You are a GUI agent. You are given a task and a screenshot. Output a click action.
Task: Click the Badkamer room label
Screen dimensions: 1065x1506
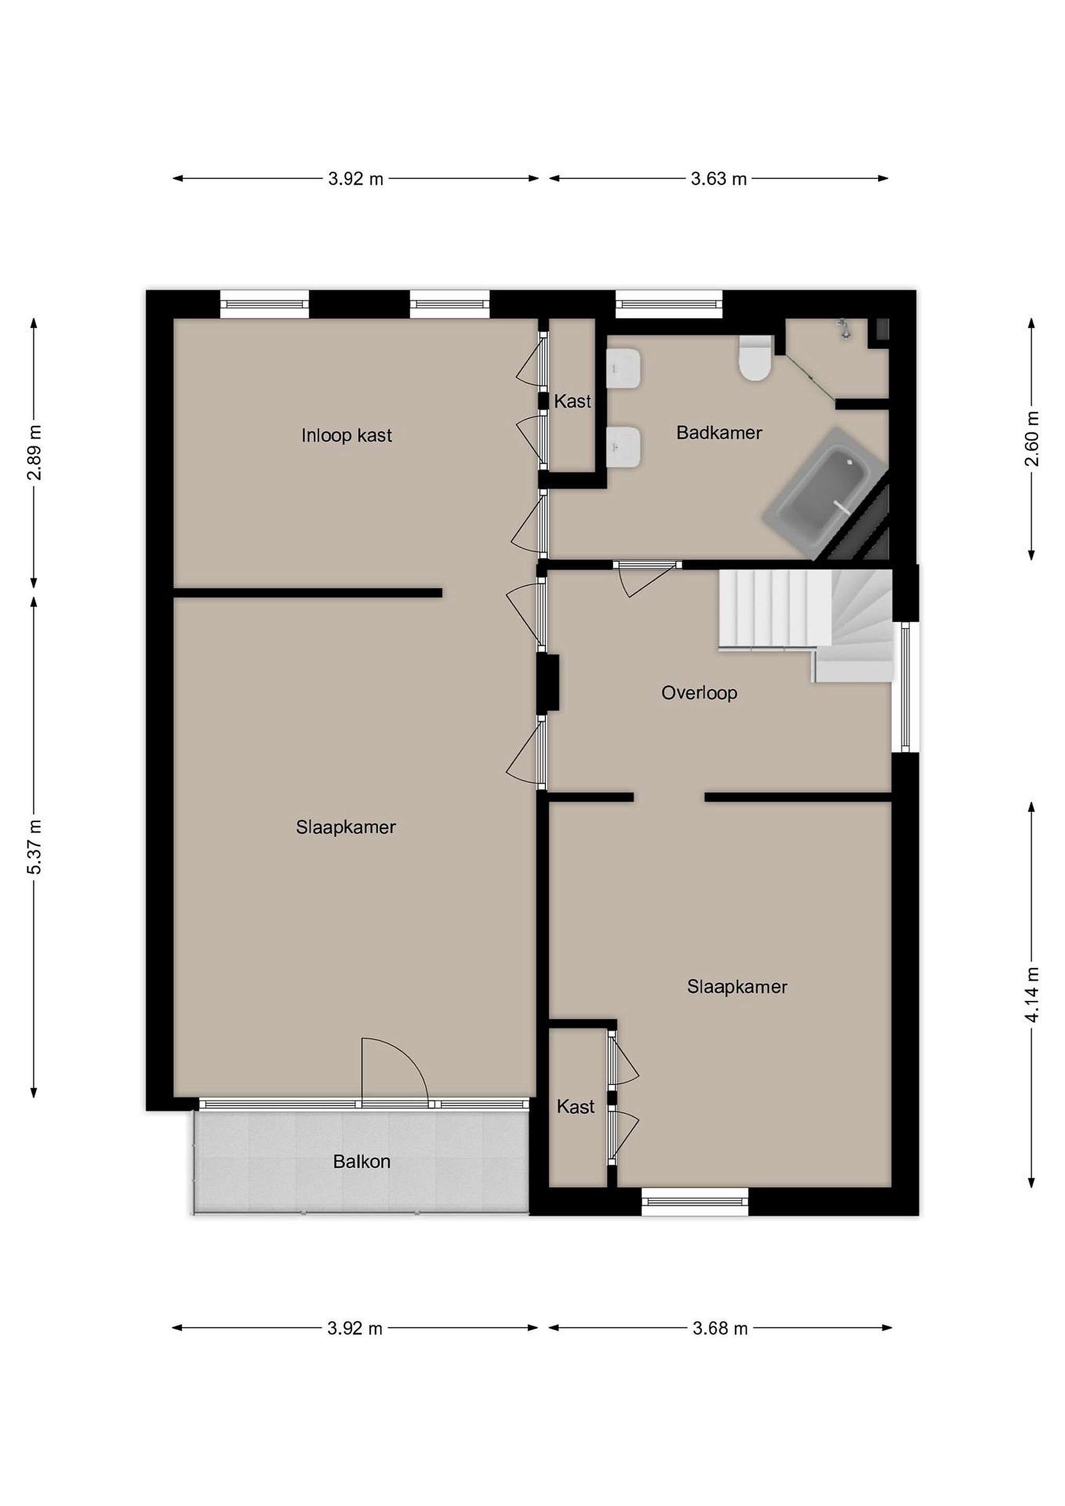tap(719, 433)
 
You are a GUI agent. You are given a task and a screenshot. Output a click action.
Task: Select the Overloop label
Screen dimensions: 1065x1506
tap(699, 693)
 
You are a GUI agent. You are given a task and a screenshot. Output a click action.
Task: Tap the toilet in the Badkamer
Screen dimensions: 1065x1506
tap(755, 358)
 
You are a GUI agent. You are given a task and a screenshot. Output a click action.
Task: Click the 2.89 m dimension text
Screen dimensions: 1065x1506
tap(34, 453)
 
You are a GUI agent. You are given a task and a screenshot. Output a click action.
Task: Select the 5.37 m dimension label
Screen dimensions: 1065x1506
tap(34, 847)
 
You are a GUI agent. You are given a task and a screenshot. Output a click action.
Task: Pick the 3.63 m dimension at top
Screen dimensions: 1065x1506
tap(719, 178)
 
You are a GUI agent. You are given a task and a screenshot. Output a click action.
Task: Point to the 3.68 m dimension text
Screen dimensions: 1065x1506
tap(720, 1329)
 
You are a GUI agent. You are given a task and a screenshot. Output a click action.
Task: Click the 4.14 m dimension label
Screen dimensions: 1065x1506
tap(1032, 995)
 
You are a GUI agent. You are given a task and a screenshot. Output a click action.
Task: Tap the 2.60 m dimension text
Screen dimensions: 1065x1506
tap(1032, 438)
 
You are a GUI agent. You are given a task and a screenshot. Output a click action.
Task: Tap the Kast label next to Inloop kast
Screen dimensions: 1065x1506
tap(572, 402)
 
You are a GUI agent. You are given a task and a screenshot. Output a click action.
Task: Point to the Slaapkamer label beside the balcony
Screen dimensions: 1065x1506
tap(346, 827)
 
